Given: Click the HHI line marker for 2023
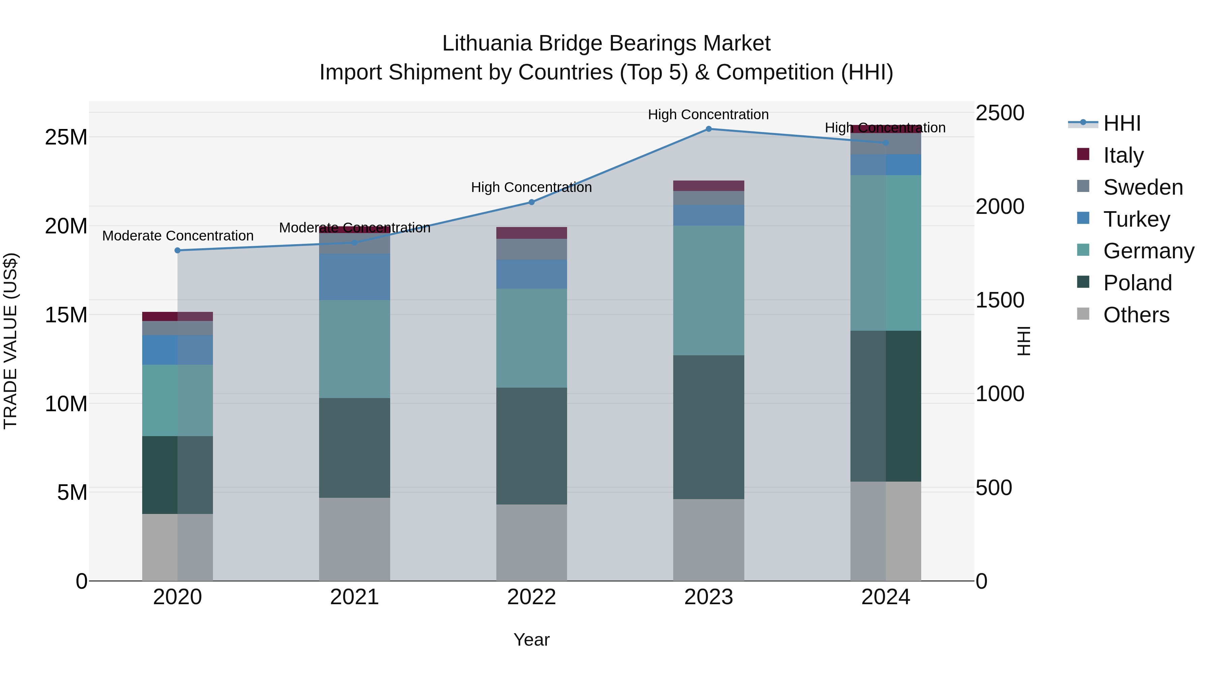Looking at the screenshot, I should [x=708, y=129].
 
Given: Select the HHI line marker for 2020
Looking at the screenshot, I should [x=178, y=250].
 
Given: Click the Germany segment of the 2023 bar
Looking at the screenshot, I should [x=708, y=290].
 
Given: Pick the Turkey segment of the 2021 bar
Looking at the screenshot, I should [x=354, y=277].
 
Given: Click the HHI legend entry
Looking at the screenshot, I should [x=1122, y=123].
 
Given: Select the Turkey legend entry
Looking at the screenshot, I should [x=1136, y=219].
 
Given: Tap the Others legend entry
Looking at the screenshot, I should [x=1136, y=315].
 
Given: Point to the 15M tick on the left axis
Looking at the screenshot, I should [x=66, y=315].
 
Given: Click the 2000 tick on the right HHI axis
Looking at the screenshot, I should [x=999, y=207].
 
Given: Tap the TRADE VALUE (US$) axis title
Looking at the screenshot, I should [x=10, y=341].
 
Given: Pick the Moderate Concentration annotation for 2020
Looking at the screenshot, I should [x=178, y=236].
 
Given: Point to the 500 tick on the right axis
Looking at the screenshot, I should [x=994, y=488].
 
